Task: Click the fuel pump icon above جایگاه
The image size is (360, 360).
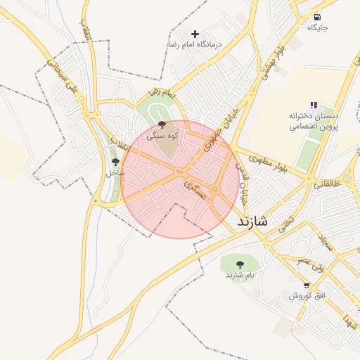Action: pyautogui.click(x=317, y=17)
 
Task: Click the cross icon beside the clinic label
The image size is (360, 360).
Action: pyautogui.click(x=195, y=33)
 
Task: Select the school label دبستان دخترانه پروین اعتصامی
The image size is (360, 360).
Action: pyautogui.click(x=314, y=121)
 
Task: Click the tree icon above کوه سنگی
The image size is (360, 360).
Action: pyautogui.click(x=162, y=124)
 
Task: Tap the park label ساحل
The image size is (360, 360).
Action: pyautogui.click(x=115, y=172)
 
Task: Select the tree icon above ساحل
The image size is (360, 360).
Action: pyautogui.click(x=115, y=162)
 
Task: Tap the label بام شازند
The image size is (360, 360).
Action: pyautogui.click(x=238, y=275)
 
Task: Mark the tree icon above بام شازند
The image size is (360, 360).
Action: pyautogui.click(x=240, y=264)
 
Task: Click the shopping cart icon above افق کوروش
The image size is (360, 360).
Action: pyautogui.click(x=307, y=285)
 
